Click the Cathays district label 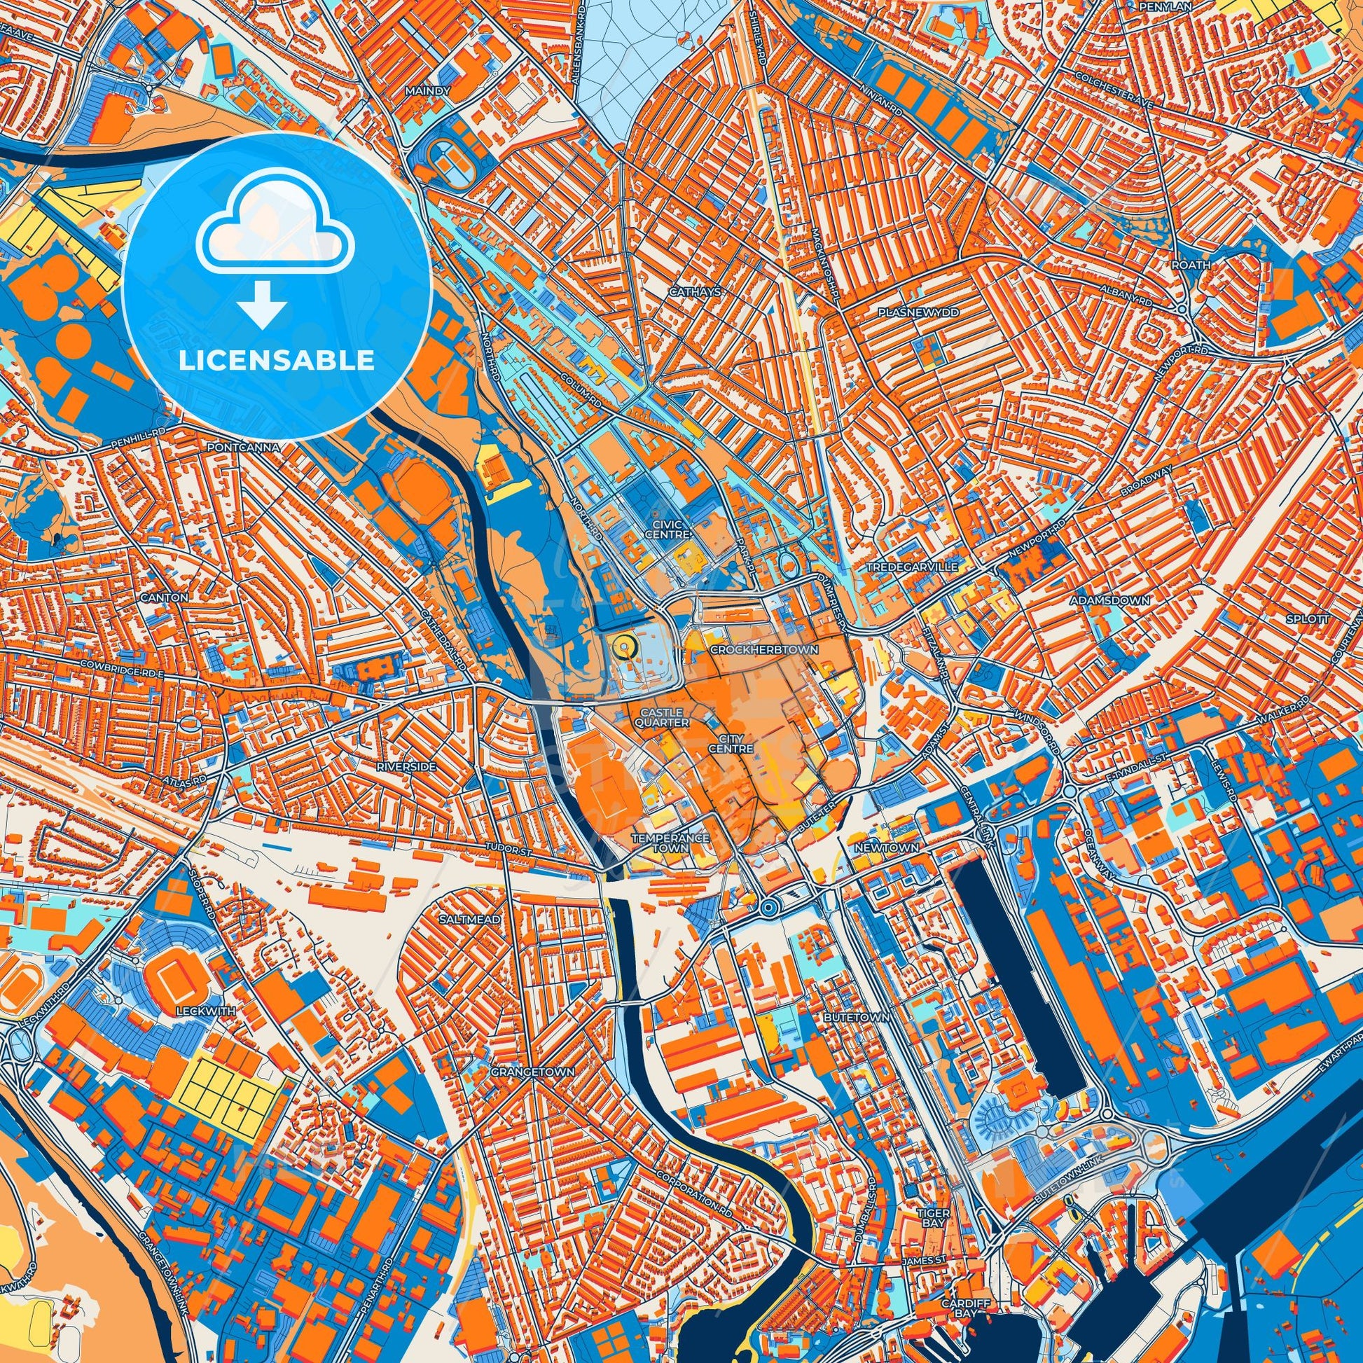pyautogui.click(x=686, y=291)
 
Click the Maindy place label pyautogui.click(x=422, y=92)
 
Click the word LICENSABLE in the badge pyautogui.click(x=277, y=361)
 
